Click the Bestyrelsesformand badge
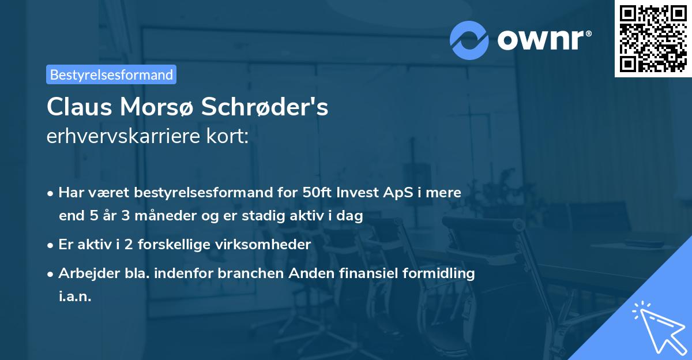[x=111, y=74]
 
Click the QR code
[x=653, y=38]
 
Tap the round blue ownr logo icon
[x=469, y=40]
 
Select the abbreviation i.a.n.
[x=75, y=297]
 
